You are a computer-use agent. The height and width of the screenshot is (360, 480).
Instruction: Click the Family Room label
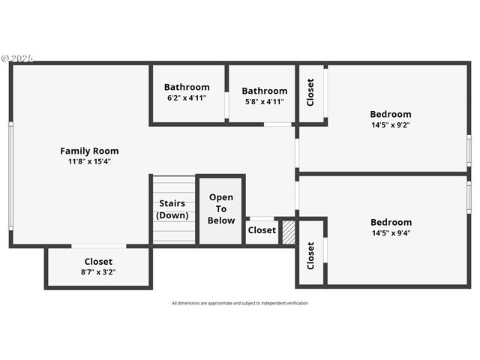coord(89,151)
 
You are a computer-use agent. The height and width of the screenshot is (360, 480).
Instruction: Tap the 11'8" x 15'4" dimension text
coord(89,161)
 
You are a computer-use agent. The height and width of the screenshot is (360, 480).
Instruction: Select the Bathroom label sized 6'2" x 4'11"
coord(187,87)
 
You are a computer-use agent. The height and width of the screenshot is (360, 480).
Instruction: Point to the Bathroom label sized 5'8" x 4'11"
coord(265,91)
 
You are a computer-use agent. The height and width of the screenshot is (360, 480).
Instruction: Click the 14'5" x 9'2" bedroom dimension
coord(391,125)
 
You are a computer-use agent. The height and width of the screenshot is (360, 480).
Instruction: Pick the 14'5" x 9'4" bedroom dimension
coord(391,232)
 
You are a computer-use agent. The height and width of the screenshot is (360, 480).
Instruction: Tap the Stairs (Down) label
coord(172,209)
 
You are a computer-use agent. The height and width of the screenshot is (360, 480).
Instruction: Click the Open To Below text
coord(221,208)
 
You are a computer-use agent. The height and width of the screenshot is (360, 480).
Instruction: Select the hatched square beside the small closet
coord(289,232)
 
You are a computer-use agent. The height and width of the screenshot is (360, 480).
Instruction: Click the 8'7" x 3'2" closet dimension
coord(98,272)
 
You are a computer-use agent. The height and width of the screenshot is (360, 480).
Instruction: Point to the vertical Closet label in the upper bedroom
coord(310,92)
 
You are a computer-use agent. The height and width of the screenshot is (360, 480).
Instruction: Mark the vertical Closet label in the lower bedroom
coord(310,255)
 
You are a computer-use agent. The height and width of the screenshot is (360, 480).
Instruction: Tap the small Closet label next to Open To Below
coord(262,230)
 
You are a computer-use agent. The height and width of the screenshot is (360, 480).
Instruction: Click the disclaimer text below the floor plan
coord(240,303)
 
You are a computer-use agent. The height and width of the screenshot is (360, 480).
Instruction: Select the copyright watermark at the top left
coord(16,58)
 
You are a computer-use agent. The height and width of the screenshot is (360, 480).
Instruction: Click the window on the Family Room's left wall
coord(10,176)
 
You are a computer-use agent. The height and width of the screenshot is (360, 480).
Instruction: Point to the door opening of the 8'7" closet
coord(99,245)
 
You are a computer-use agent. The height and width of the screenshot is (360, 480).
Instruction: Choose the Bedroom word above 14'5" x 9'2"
coord(391,115)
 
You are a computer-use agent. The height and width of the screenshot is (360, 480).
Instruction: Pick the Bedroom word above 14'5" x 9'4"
coord(391,222)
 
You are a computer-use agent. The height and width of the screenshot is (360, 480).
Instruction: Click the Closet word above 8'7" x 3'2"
coord(98,262)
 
